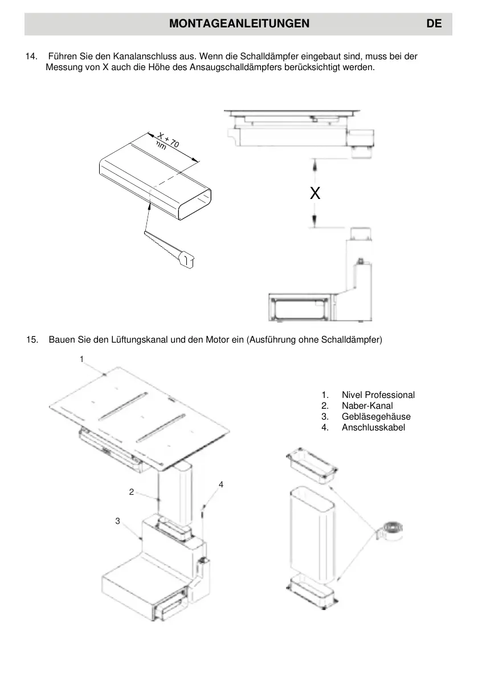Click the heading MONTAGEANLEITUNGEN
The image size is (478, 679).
click(239, 23)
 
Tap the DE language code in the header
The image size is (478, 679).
click(434, 23)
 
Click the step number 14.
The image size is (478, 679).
click(31, 57)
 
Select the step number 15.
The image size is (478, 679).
click(32, 340)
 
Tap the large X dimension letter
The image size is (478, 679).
click(315, 194)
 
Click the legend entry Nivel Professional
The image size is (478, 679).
click(378, 395)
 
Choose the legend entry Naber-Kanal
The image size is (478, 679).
click(367, 406)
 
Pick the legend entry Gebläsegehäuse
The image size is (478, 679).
click(376, 417)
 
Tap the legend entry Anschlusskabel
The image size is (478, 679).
click(373, 428)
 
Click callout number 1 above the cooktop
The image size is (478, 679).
click(81, 359)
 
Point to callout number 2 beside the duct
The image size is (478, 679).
click(132, 491)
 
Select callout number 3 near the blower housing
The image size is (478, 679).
click(117, 521)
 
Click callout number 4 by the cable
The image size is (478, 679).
click(221, 484)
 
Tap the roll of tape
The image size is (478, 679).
click(392, 530)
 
